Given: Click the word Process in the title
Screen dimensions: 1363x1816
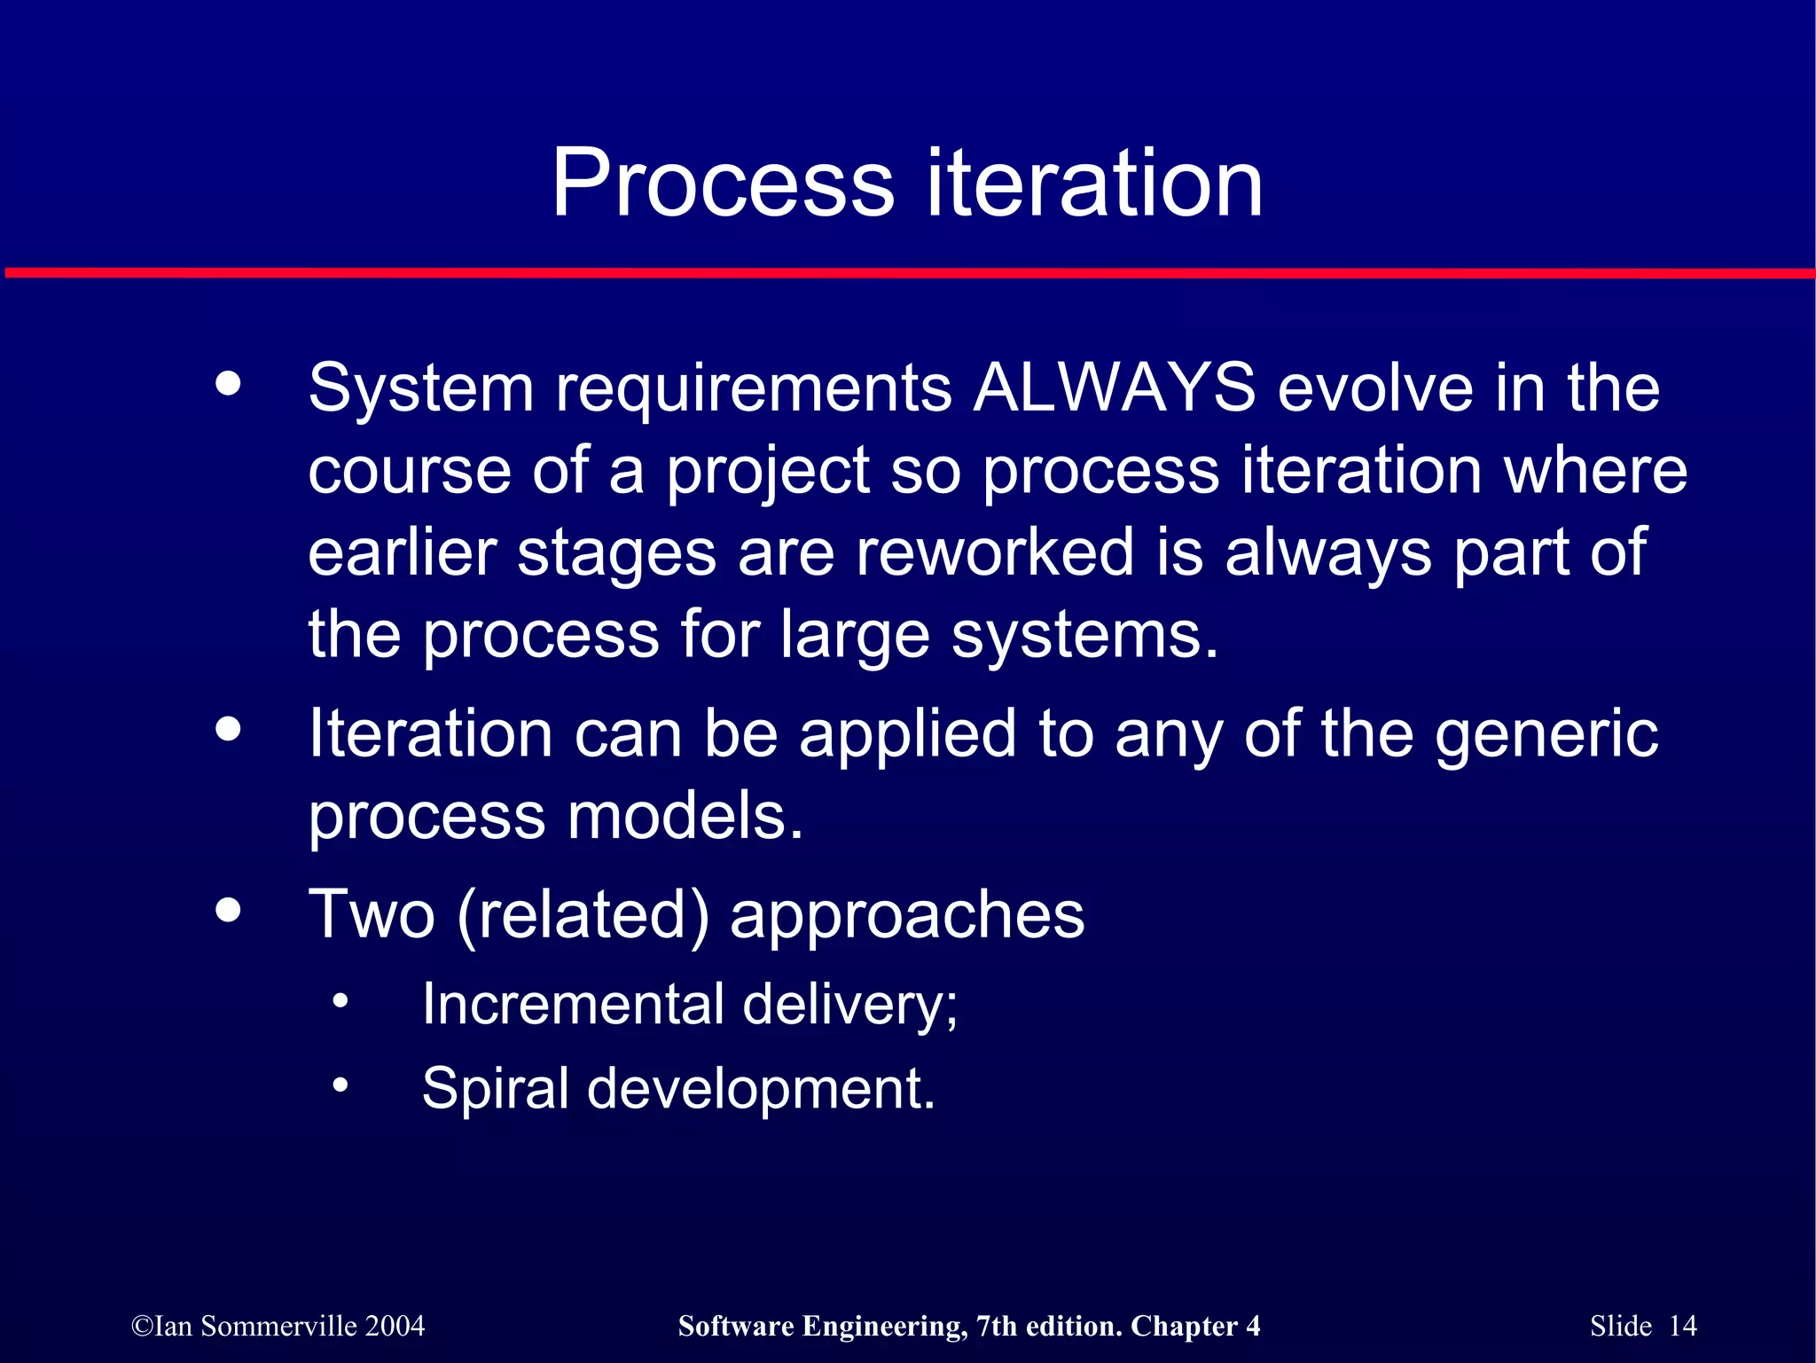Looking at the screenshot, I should pos(723,184).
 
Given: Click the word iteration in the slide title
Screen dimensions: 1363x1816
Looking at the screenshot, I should pos(1094,184).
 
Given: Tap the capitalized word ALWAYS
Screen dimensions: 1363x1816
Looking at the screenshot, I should pos(1114,388).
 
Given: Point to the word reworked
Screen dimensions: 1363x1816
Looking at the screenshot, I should pos(995,552).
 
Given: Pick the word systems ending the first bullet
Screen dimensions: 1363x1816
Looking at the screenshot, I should pos(1084,635).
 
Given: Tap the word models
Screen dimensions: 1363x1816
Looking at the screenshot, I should pos(685,816).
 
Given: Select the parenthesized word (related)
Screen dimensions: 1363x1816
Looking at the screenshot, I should pos(583,915).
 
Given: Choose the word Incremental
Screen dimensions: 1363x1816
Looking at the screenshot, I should pos(573,1005).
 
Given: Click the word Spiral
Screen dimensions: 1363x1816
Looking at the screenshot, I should pos(495,1089).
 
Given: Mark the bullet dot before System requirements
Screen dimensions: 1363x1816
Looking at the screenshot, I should pos(228,384).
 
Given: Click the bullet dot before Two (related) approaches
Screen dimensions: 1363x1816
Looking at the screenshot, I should pos(228,910).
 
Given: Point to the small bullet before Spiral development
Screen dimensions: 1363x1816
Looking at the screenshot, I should pos(340,1085).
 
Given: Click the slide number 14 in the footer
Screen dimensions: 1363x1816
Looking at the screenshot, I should pos(1682,1326).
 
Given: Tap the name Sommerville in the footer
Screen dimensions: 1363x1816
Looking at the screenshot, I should pos(278,1326).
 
